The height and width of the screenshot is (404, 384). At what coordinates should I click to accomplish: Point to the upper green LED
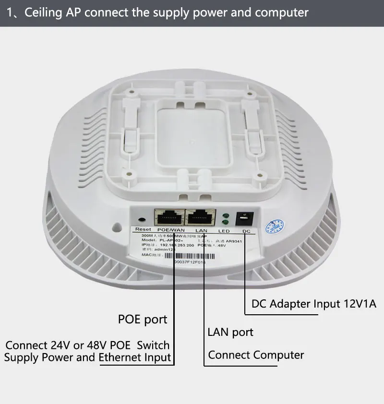tap(225, 215)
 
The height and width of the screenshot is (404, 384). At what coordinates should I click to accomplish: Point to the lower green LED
tap(225, 223)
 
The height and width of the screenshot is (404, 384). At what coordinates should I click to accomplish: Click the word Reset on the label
tap(143, 230)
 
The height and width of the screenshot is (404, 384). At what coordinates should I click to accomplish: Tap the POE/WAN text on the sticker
tap(168, 231)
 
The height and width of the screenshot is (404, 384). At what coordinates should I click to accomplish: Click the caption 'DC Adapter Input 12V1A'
tap(314, 304)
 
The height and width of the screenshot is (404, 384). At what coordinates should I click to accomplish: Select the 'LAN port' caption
tap(230, 332)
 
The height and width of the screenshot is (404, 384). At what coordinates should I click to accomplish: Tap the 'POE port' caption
tap(143, 319)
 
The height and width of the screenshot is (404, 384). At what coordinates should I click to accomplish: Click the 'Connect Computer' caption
tap(256, 355)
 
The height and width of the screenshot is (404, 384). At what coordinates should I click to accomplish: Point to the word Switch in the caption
tap(153, 345)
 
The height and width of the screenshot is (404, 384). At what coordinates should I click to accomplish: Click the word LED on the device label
tap(224, 231)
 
